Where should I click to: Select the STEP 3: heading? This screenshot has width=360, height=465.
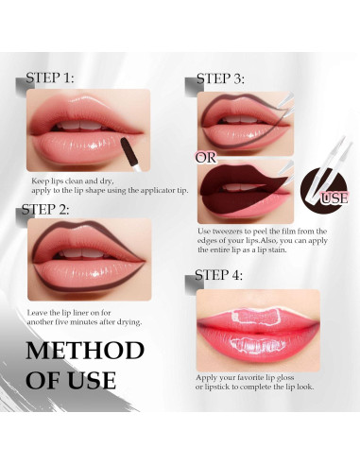point(220,79)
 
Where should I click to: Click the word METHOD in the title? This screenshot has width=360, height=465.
point(85,352)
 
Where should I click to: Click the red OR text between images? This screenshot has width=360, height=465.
point(206,158)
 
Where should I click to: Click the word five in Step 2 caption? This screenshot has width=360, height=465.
point(82,322)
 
